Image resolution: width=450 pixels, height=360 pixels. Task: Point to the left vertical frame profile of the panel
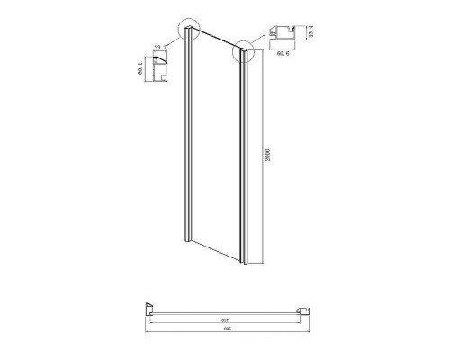point(187,144)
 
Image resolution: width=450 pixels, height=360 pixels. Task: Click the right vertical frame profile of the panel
point(242,157)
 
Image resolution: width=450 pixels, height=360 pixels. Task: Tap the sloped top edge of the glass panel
point(216,40)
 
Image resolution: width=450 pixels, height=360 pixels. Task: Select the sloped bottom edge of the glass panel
point(216,255)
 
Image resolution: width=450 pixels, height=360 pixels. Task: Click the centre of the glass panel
point(215,148)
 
